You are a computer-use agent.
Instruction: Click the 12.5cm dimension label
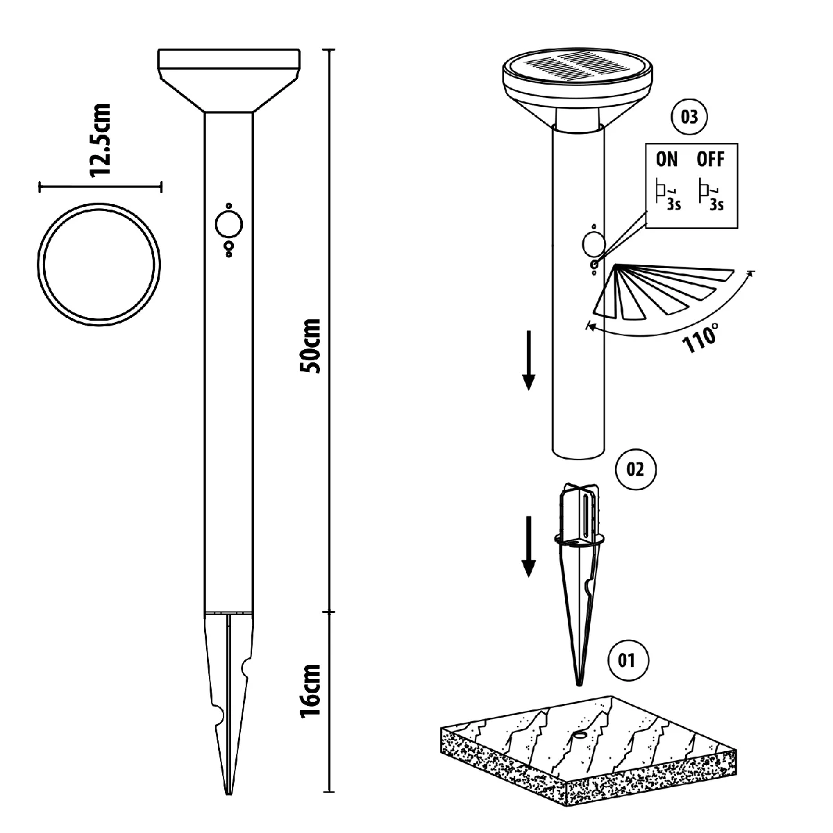pyautogui.click(x=101, y=140)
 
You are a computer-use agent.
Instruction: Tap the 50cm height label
pyautogui.click(x=310, y=346)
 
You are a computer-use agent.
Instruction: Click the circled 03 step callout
pyautogui.click(x=689, y=117)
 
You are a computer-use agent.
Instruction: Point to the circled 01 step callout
pyautogui.click(x=626, y=660)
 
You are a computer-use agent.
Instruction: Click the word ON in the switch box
pyautogui.click(x=666, y=160)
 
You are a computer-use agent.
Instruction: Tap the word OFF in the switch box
pyautogui.click(x=710, y=160)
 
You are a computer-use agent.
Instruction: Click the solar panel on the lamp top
pyautogui.click(x=577, y=68)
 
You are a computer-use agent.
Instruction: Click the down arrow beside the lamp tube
pyautogui.click(x=528, y=361)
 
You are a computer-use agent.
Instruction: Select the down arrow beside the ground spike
pyautogui.click(x=528, y=547)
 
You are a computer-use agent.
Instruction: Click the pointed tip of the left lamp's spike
pyautogui.click(x=228, y=794)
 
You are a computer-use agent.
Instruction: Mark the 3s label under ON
pyautogui.click(x=674, y=205)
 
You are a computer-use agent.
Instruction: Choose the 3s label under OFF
pyautogui.click(x=716, y=205)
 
